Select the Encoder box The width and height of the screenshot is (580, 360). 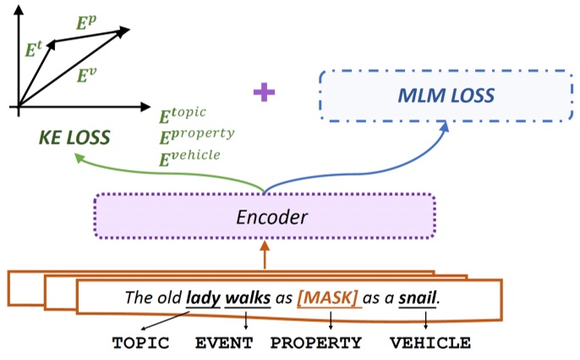coord(265,216)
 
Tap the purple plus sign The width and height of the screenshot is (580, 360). coord(265,92)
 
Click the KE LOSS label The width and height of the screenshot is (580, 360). coord(74,137)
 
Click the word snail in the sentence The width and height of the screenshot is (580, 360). coord(419,297)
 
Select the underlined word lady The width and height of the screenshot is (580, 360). coord(203,297)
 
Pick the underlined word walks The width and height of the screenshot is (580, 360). coord(247,297)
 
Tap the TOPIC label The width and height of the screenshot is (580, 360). coord(141,343)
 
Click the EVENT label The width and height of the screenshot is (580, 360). coord(224,343)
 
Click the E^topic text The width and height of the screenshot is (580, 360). coord(183,114)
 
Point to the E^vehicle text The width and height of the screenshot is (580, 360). coord(190,155)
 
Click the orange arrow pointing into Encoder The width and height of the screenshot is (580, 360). coord(265,255)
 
